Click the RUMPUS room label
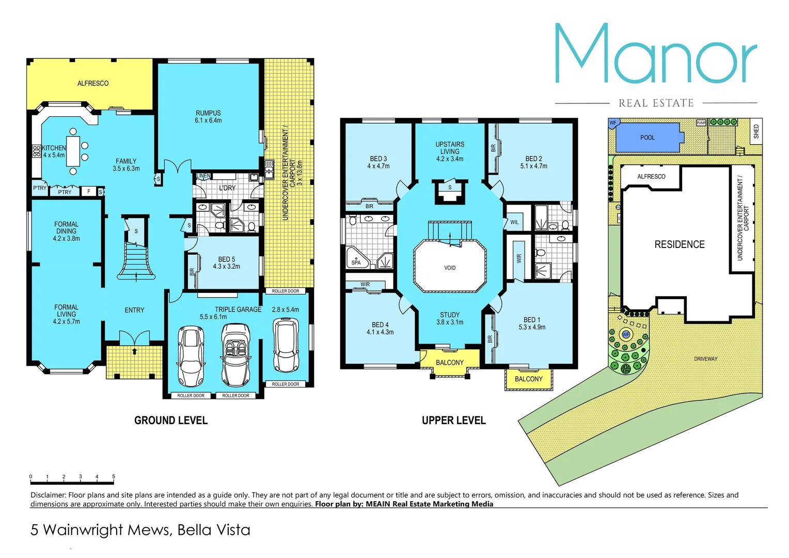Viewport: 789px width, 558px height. tap(208, 113)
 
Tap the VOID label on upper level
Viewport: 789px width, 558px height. tap(450, 268)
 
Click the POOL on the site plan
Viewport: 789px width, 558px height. tap(647, 137)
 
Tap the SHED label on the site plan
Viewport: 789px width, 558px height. tap(756, 131)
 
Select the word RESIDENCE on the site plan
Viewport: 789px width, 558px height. tap(680, 244)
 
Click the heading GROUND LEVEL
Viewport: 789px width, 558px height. tap(171, 421)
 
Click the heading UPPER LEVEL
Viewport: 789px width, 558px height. tap(453, 421)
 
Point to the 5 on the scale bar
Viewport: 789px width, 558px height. tap(114, 476)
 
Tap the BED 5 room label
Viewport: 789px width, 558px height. tap(226, 259)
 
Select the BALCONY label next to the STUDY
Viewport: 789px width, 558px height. tap(450, 363)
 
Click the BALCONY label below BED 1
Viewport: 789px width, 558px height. tap(528, 379)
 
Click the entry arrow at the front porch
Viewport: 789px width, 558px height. tap(135, 352)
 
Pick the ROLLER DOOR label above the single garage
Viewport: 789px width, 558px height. tap(286, 291)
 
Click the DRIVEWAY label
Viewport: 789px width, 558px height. tap(705, 359)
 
